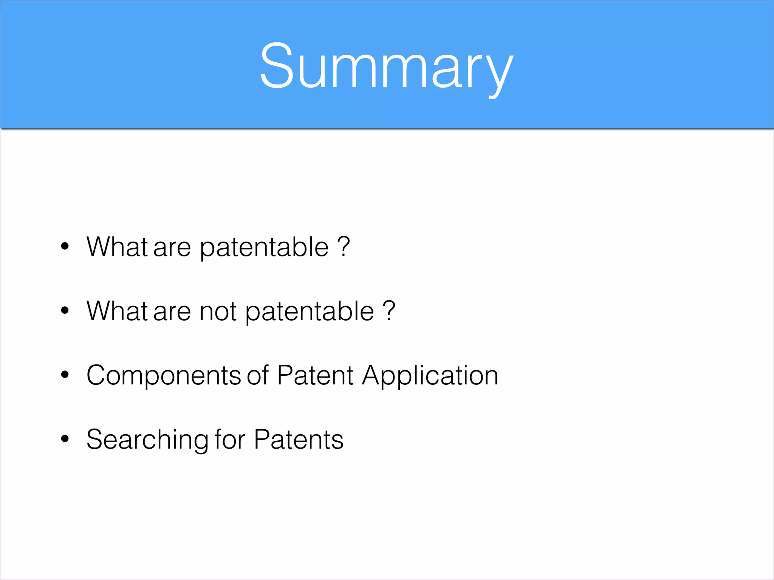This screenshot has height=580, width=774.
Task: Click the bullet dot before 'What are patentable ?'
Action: [65, 246]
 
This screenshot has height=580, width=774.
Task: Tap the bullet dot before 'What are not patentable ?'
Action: [65, 310]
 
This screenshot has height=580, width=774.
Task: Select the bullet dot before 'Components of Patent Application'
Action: [65, 375]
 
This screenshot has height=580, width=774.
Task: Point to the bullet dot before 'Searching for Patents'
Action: [65, 439]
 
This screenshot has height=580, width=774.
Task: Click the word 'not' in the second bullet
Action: [218, 312]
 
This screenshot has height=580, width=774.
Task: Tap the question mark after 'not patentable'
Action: [389, 310]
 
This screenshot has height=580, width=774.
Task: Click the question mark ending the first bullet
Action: [344, 246]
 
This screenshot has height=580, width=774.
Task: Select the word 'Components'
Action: [163, 376]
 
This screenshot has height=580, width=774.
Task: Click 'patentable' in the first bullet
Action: [264, 248]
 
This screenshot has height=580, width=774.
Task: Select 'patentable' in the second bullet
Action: [310, 312]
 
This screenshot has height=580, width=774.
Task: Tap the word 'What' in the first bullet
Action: [117, 247]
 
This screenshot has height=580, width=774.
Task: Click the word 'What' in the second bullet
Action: [117, 311]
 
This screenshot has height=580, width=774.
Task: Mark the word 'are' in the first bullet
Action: [172, 248]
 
